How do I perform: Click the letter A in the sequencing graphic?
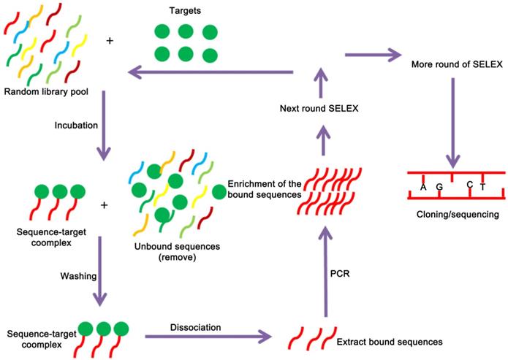423,188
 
